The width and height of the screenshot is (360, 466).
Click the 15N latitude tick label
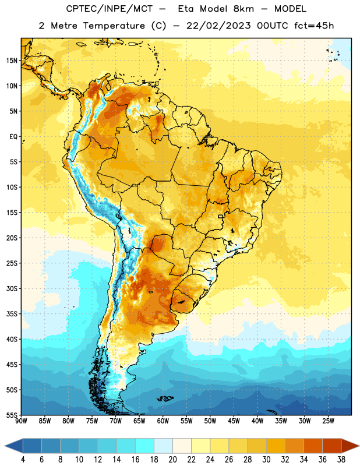pos(12,61)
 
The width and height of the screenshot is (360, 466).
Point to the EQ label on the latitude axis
pos(13,137)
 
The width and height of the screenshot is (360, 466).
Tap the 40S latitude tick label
pos(12,339)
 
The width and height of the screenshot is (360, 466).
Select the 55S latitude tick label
pos(12,415)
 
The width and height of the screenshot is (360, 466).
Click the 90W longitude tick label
pos(21,421)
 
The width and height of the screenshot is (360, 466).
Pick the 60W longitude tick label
pos(163,421)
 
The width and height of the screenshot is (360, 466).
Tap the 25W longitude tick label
pos(328,421)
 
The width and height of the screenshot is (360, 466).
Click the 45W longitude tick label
pos(234,421)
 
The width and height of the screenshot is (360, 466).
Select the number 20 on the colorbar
pos(172,460)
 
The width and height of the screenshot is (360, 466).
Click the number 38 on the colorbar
pos(341,460)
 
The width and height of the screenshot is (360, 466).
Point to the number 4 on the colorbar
pos(23,460)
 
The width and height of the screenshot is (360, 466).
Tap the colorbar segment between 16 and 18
pos(145,446)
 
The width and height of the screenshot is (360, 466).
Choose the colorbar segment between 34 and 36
pos(313,446)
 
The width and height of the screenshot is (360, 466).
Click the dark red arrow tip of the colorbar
pos(350,446)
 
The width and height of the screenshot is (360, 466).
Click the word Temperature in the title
pos(114,26)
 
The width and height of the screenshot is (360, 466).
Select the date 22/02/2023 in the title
pos(218,26)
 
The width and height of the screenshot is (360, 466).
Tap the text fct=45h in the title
pos(314,26)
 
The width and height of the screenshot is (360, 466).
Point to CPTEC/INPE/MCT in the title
pos(110,9)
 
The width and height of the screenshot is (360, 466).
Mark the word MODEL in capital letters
pos(290,9)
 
